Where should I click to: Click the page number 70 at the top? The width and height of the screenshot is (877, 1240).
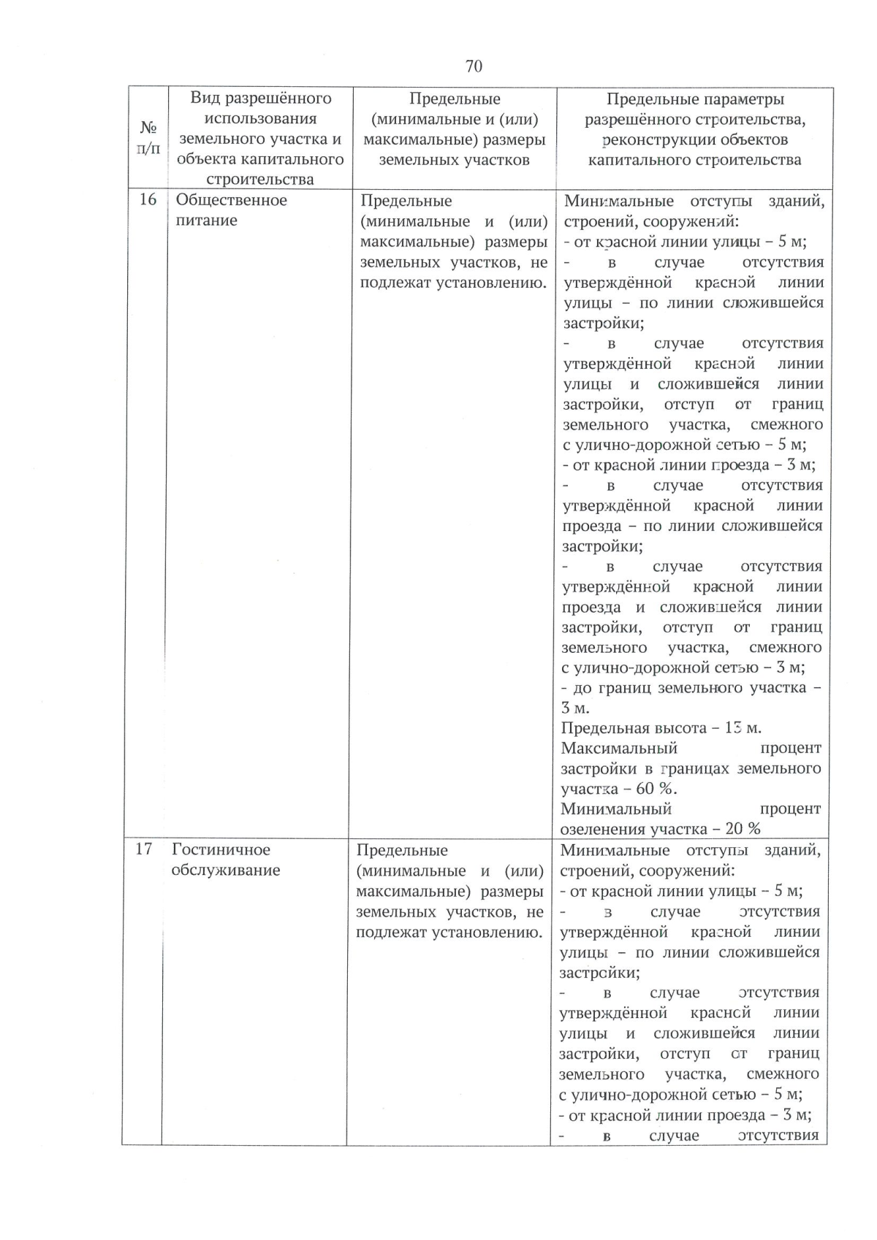473,66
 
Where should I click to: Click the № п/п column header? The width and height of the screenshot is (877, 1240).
148,138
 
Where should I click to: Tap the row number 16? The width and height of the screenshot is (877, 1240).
148,200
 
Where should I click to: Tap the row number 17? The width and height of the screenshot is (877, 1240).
144,849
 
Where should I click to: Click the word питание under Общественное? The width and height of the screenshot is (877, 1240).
207,221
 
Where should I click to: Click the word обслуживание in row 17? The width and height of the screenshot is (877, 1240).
226,870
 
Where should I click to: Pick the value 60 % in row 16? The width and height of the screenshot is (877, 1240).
656,789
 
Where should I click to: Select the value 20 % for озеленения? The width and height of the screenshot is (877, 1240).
743,829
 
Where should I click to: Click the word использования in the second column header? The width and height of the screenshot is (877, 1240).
261,118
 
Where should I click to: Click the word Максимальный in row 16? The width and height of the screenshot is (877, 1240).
620,749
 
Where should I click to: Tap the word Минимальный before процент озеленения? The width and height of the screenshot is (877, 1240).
616,809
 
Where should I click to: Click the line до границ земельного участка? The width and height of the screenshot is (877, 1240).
691,688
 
